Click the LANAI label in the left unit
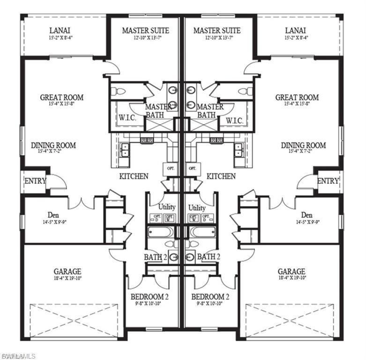pyautogui.click(x=60, y=30)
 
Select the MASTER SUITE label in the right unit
pyautogui.click(x=217, y=30)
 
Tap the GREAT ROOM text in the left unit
pyautogui.click(x=62, y=97)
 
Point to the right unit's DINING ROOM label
pyautogui.click(x=303, y=145)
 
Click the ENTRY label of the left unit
pyautogui.click(x=35, y=181)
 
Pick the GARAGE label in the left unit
pyautogui.click(x=67, y=271)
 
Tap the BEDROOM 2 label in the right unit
pyautogui.click(x=210, y=297)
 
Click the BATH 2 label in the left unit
pyautogui.click(x=155, y=257)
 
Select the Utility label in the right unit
pyautogui.click(x=197, y=207)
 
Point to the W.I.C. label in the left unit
pyautogui.click(x=127, y=119)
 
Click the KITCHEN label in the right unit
pyautogui.click(x=221, y=176)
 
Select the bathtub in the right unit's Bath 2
pyautogui.click(x=202, y=232)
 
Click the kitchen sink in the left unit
pyautogui.click(x=125, y=150)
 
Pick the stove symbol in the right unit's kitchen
pyautogui.click(x=216, y=140)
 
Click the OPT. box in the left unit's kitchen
pyautogui.click(x=169, y=167)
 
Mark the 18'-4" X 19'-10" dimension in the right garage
pyautogui.click(x=291, y=279)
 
